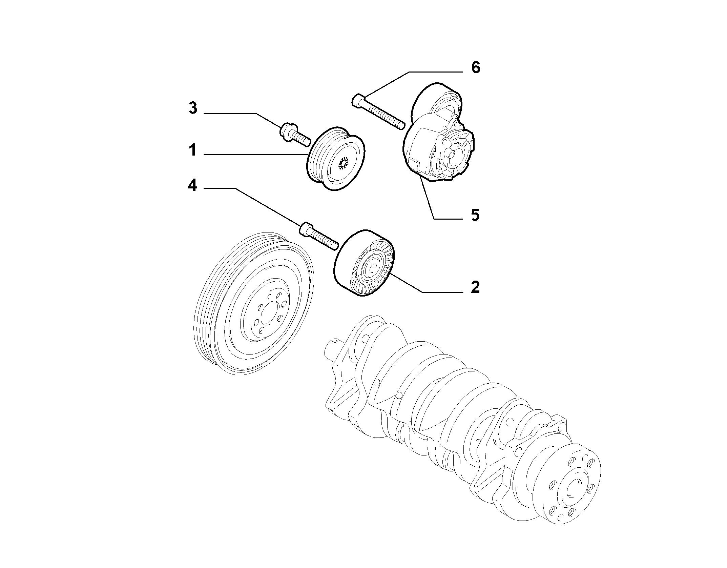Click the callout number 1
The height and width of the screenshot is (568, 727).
[193, 150]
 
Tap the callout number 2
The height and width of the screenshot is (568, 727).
[475, 287]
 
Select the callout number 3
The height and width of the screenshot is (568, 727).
[193, 108]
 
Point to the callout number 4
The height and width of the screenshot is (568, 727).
[192, 185]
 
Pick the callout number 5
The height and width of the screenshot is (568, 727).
[475, 215]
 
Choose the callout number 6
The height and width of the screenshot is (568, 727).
[476, 68]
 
